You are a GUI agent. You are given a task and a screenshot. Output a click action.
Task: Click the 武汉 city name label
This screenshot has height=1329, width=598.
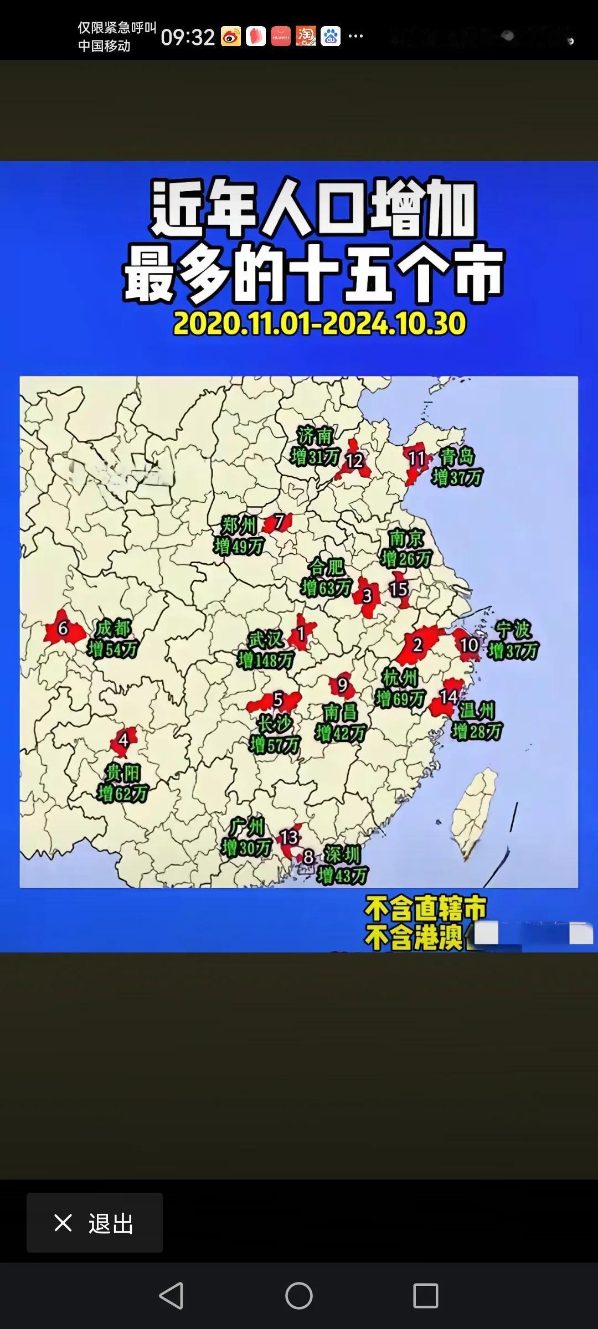click(265, 640)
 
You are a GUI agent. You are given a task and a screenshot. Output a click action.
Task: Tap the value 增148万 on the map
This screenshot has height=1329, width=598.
click(266, 660)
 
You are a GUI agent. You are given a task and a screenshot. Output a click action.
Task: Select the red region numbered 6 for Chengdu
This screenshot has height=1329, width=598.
click(63, 629)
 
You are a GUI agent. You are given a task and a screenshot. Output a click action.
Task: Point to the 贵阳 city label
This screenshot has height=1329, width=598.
click(123, 772)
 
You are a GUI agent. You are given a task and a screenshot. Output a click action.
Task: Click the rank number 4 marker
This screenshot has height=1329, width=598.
click(123, 740)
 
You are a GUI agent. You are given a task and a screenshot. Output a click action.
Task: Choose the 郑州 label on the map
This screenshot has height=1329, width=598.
click(239, 525)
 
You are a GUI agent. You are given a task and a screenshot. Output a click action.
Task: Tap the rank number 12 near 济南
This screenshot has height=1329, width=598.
click(354, 461)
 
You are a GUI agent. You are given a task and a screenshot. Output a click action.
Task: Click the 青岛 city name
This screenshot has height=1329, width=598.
click(457, 457)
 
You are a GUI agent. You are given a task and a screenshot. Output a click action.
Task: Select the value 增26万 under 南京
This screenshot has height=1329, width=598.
click(406, 559)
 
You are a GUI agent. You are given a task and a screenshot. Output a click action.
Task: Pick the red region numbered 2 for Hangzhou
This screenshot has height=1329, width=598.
click(417, 645)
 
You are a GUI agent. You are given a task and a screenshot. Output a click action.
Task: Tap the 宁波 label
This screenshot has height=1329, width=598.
click(513, 630)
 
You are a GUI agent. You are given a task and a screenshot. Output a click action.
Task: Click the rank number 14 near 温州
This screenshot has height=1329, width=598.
click(448, 697)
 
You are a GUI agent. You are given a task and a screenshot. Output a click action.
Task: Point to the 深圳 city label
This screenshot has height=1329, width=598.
click(342, 854)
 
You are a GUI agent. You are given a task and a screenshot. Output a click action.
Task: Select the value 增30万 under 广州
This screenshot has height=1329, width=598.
click(246, 847)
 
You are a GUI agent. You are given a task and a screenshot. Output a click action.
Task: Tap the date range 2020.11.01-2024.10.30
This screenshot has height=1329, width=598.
click(319, 323)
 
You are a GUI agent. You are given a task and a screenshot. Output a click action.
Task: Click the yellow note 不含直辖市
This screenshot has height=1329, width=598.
click(425, 909)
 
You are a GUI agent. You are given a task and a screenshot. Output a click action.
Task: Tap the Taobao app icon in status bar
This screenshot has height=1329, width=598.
click(305, 37)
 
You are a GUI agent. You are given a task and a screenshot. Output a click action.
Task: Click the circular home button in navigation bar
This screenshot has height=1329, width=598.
click(299, 1296)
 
